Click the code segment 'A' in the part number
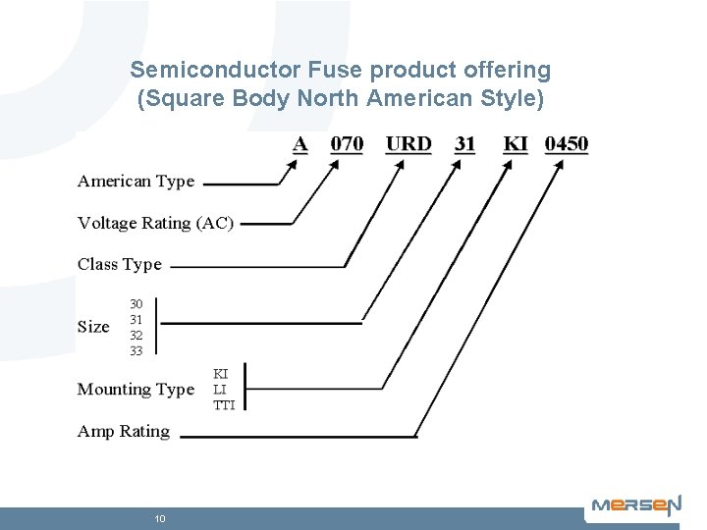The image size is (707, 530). coord(300,144)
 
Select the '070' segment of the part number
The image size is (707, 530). coord(347,144)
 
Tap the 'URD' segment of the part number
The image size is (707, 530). coord(408,144)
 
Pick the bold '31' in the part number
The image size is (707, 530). coord(465,144)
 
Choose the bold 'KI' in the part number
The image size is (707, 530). coord(516,144)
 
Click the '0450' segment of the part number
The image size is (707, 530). coord(567,144)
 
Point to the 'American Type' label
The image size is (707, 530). coord(136,182)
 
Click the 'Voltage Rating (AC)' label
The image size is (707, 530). coord(155,224)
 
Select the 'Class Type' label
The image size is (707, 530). coord(120,265)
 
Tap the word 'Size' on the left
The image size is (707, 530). coord(93,327)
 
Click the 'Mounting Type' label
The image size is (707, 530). coord(136,390)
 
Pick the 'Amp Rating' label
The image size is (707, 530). coord(124,432)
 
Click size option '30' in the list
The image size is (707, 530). coord(136,304)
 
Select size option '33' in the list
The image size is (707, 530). coord(136,350)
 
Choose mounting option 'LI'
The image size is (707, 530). coord(220,390)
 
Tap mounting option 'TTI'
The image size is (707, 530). coord(224,405)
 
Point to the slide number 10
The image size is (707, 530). coord(159,518)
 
